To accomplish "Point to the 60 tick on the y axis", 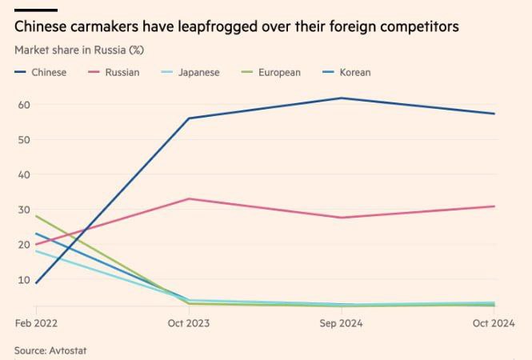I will coord(24,105).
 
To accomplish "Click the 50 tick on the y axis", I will coord(24,140).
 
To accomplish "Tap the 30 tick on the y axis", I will coord(24,210).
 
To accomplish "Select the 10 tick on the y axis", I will coord(24,279).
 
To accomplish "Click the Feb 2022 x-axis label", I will coord(36,323).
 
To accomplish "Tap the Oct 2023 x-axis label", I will coord(188,323).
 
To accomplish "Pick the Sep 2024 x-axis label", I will coord(342,323).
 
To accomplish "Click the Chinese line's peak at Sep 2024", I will coord(342,98).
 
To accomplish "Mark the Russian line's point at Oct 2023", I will coord(189,198).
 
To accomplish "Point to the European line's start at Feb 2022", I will coord(37,216).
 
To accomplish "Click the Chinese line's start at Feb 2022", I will coord(37,282).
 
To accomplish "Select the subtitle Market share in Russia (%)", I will coord(79,50).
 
